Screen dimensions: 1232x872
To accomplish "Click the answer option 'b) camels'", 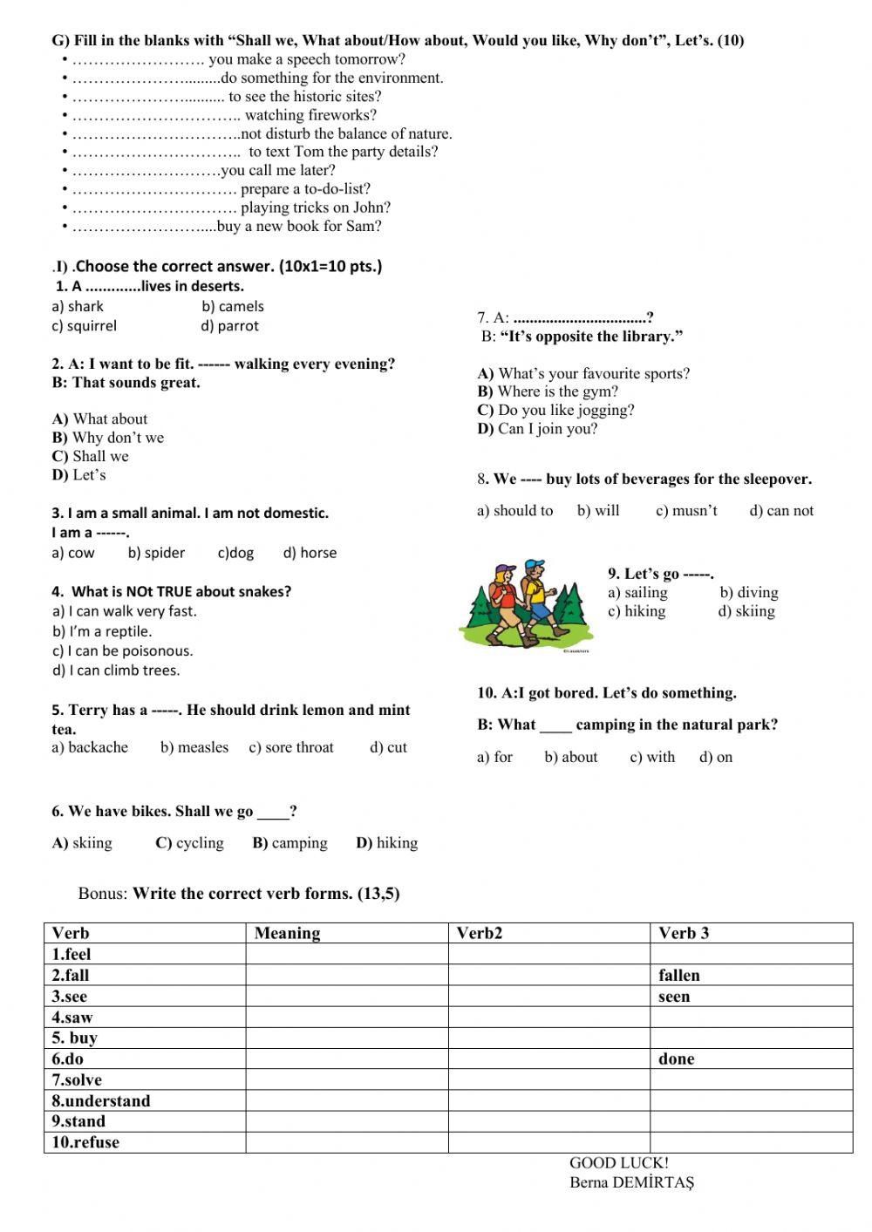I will (x=232, y=306).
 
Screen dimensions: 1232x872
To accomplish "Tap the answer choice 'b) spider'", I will (x=156, y=553).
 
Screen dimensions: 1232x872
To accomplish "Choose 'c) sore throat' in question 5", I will (x=291, y=747).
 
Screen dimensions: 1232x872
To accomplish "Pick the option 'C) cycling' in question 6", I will (x=189, y=843).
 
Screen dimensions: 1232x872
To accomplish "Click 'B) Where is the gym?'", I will (x=548, y=391).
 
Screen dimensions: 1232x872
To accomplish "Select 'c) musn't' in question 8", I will (x=686, y=511).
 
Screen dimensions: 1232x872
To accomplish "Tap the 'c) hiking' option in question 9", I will (x=637, y=611).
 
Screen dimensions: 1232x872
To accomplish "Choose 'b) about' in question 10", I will (x=571, y=757).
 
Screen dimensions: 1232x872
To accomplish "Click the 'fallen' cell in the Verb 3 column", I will (x=679, y=976).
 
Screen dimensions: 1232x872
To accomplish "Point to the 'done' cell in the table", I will (x=677, y=1059).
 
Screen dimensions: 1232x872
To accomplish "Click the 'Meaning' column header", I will (x=287, y=934).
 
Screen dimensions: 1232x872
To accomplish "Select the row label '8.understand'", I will (x=100, y=1101).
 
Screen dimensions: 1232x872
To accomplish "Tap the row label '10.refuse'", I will (x=85, y=1143).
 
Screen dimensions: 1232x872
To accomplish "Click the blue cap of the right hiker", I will (x=535, y=564).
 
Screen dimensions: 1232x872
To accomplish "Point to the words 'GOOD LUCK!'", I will (x=619, y=1163).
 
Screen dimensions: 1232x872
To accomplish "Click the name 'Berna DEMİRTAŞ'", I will (x=631, y=1183).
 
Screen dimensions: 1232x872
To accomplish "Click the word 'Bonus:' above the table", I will (x=103, y=894).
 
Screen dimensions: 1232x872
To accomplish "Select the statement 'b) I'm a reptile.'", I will (x=102, y=631).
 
